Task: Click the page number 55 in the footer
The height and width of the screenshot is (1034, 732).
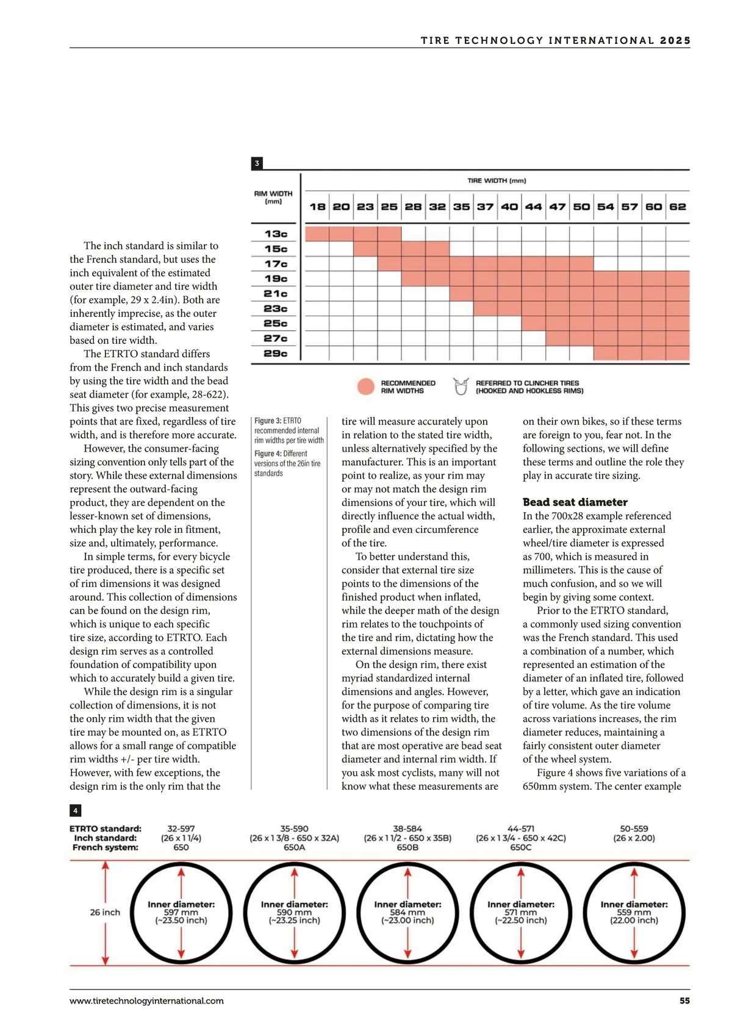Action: pos(684,1000)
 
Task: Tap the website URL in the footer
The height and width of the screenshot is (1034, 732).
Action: pos(146,1000)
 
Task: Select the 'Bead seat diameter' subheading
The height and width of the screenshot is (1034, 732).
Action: pos(575,502)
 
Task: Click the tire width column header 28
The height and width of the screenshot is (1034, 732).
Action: pos(413,207)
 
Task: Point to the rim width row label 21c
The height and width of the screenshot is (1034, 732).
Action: pos(276,293)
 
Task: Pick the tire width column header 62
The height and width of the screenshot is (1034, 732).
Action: pos(677,207)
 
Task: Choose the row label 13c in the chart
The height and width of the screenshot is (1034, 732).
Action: pos(276,234)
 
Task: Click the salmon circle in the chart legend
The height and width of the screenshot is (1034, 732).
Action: pos(365,387)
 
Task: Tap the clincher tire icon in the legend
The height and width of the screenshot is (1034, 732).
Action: pos(461,386)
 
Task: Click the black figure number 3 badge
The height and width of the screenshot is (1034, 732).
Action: pos(257,163)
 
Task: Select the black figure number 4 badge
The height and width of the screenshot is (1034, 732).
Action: pos(75,810)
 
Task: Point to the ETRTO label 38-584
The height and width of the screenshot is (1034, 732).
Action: pos(407,829)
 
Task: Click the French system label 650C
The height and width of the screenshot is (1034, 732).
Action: pos(520,847)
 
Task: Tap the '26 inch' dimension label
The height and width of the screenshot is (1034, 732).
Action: pos(105,912)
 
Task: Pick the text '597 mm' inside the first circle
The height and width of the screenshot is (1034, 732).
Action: pos(181,913)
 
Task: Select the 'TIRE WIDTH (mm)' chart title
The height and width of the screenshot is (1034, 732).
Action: pos(497,180)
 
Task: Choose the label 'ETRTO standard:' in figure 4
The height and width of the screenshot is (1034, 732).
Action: pos(106,829)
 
